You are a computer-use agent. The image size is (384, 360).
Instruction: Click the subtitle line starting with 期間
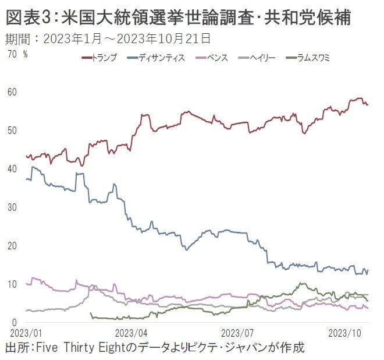pos(108,40)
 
